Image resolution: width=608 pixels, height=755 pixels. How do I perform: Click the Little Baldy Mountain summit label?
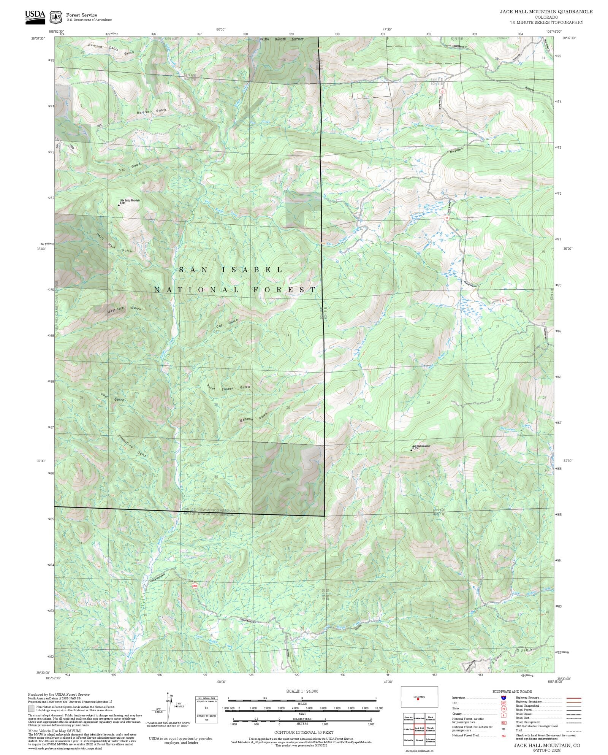pyautogui.click(x=130, y=201)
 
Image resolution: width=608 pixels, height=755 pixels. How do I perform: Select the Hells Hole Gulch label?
pyautogui.click(x=114, y=243)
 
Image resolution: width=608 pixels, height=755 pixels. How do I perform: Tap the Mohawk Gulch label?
pyautogui.click(x=253, y=418)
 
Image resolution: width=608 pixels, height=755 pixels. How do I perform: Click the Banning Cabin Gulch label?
pyautogui.click(x=111, y=49)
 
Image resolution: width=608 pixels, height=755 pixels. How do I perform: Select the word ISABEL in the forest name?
pyautogui.click(x=252, y=270)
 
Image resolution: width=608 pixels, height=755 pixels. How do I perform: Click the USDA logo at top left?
pyautogui.click(x=35, y=17)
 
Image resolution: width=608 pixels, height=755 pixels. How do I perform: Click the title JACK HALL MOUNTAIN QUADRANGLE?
pyautogui.click(x=546, y=12)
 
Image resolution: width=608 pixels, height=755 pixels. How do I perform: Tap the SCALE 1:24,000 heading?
pyautogui.click(x=302, y=691)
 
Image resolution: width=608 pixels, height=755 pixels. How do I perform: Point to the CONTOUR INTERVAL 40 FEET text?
pyautogui.click(x=304, y=732)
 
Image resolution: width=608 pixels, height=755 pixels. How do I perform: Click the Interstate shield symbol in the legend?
pyautogui.click(x=503, y=698)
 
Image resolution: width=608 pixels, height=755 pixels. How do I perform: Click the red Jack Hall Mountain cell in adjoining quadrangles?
pyautogui.click(x=419, y=729)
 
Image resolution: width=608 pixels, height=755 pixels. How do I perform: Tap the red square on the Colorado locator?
pyautogui.click(x=418, y=699)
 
